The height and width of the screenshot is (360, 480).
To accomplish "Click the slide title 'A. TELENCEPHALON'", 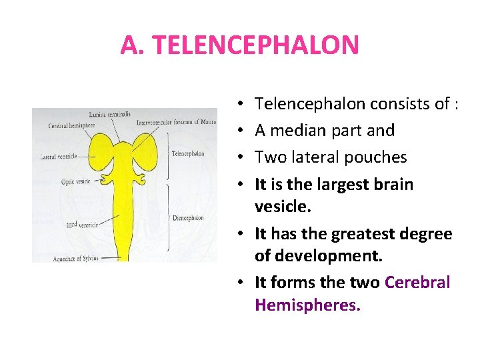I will pos(239,45).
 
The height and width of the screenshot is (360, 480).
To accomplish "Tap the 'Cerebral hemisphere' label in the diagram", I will pos(71,125).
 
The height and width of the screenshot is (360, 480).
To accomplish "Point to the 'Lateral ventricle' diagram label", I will pos(59,156).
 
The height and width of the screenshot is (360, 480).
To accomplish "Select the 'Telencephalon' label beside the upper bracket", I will pos(188,153).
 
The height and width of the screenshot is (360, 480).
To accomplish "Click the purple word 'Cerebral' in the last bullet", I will pos(417,282).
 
